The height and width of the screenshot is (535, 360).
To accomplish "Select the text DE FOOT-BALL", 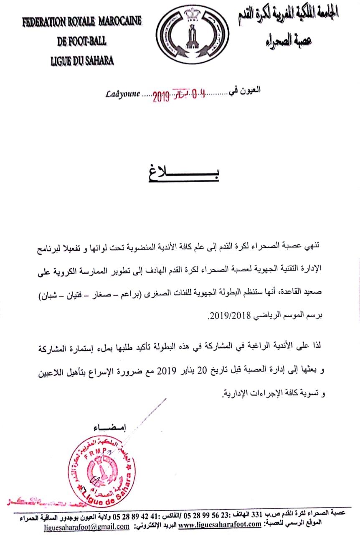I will coord(82,41).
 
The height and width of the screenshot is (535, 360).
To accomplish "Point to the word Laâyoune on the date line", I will coord(122,95).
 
